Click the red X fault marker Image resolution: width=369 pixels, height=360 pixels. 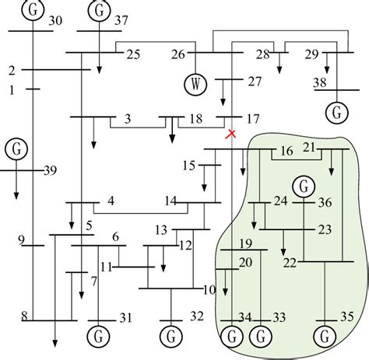tap(230, 135)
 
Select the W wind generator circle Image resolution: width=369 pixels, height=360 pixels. tap(195, 82)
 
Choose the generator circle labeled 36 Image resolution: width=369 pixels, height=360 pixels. tap(303, 186)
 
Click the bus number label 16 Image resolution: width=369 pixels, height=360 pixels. tap(286, 150)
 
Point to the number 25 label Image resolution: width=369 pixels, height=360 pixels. tap(132, 54)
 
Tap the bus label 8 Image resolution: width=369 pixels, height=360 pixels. tap(24, 316)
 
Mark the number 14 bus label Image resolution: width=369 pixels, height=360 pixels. tap(171, 201)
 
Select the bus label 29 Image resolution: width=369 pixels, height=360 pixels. tap(311, 54)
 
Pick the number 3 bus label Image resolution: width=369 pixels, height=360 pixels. tap(127, 118)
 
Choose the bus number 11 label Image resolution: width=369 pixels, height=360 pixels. tap(106, 267)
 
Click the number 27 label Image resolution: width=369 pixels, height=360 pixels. tap(254, 81)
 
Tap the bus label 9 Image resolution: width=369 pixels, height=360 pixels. tap(22, 239)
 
